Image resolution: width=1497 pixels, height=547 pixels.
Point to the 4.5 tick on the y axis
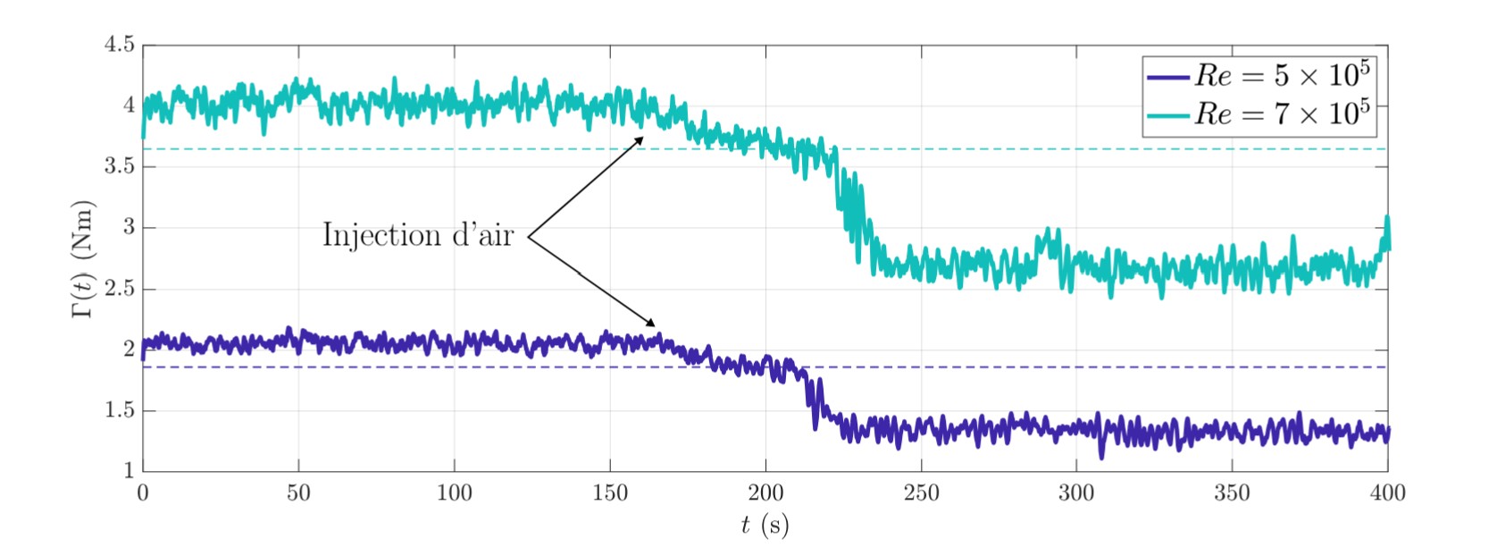tap(120, 44)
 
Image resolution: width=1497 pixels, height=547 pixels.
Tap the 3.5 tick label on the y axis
tap(120, 166)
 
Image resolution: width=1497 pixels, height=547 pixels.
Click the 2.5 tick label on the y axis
tap(120, 289)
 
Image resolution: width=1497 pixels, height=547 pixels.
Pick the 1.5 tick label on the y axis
tap(120, 411)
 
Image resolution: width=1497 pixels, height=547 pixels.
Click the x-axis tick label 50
tap(298, 492)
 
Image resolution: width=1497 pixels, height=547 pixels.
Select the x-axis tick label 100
tap(454, 492)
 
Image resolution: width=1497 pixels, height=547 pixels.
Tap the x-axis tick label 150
tap(610, 492)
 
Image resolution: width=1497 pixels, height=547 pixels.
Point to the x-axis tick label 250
tap(921, 492)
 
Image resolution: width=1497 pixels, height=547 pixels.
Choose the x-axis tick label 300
tap(1076, 492)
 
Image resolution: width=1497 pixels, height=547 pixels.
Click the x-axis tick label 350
tap(1232, 492)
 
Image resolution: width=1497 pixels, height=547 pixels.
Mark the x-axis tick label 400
tap(1387, 492)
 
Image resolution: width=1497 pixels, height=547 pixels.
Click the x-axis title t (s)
tap(765, 525)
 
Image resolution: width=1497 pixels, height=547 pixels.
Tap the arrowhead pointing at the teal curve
tap(640, 139)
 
